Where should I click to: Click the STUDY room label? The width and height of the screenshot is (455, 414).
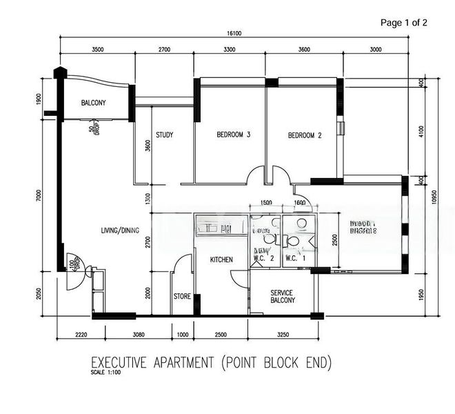164,135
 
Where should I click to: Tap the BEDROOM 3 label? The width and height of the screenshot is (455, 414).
233,135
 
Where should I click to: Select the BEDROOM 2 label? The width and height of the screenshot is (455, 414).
305,135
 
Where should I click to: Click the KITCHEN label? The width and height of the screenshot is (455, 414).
221,259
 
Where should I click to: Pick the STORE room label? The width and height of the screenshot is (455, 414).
182,297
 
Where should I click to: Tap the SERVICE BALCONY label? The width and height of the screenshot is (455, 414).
283,296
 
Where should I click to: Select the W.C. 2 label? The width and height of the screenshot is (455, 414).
264,259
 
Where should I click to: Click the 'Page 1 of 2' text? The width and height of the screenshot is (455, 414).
404,23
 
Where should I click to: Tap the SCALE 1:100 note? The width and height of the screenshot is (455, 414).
105,371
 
